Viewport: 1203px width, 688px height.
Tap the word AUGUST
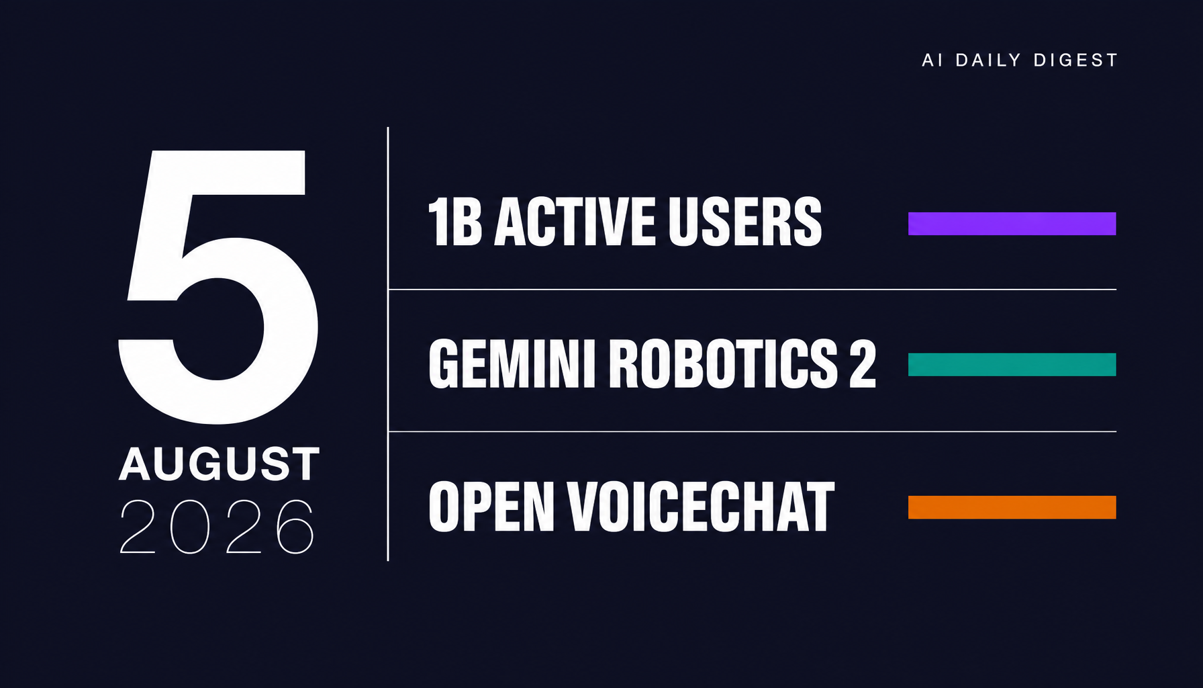220,464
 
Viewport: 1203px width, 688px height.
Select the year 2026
217,527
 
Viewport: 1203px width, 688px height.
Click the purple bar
1012,224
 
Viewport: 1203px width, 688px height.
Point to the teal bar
1012,364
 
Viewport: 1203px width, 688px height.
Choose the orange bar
1012,507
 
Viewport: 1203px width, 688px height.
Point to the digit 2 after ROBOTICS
863,363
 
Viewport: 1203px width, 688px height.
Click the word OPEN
491,507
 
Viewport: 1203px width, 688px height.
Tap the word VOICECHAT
700,507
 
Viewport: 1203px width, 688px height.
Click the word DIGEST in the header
1075,60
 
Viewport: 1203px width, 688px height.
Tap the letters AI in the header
932,60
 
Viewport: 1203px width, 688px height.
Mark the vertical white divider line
388,344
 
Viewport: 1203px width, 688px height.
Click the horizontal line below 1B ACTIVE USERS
753,290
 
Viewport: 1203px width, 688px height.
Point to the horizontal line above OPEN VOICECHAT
753,431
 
